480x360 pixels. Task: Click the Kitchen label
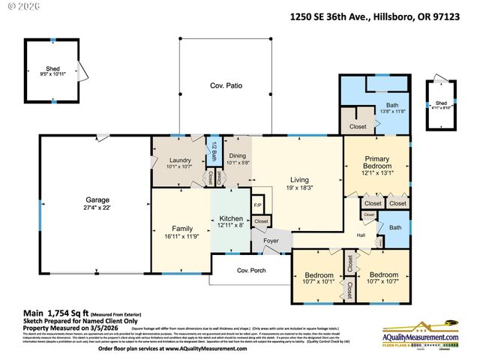pyautogui.click(x=232, y=217)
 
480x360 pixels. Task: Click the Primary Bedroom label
pyautogui.click(x=377, y=163)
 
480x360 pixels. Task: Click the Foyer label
pyautogui.click(x=271, y=241)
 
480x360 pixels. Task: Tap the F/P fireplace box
pyautogui.click(x=257, y=205)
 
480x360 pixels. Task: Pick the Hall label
pyautogui.click(x=361, y=235)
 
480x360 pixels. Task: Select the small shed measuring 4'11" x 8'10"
pyautogui.click(x=442, y=105)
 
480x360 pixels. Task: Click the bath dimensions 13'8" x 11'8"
pyautogui.click(x=392, y=111)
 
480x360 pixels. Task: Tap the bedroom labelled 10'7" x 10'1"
pyautogui.click(x=318, y=278)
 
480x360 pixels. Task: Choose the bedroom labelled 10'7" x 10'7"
pyautogui.click(x=382, y=278)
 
